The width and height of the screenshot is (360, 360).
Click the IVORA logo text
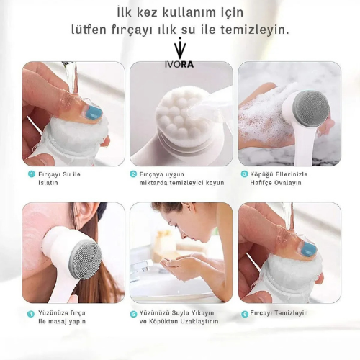[179, 65]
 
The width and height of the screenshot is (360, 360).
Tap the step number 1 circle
[32, 174]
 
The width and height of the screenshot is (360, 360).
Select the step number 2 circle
[133, 174]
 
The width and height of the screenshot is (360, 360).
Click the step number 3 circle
[244, 174]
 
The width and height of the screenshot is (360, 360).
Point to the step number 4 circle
[31, 314]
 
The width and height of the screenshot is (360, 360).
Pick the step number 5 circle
[133, 314]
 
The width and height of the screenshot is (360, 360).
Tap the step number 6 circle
[244, 314]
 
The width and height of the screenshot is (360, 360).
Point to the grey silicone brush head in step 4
[86, 258]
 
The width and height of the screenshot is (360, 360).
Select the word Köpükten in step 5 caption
[162, 321]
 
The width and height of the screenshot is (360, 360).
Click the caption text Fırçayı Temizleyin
[279, 313]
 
